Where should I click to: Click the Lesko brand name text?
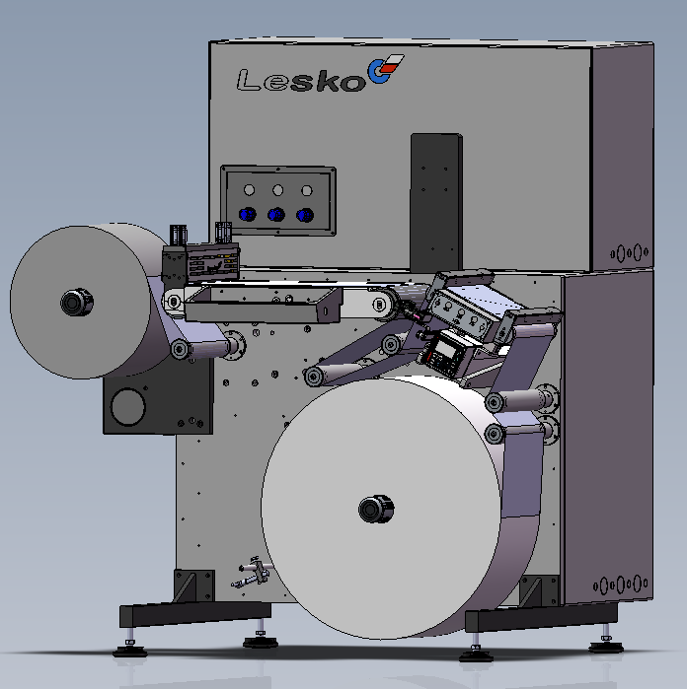(x=301, y=80)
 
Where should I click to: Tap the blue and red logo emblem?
(x=385, y=69)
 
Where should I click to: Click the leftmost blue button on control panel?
(x=248, y=215)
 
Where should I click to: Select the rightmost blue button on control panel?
(x=305, y=215)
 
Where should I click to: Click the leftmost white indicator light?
(x=249, y=190)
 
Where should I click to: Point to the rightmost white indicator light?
(x=307, y=190)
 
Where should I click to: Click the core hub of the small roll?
(x=77, y=302)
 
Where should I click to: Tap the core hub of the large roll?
(x=376, y=509)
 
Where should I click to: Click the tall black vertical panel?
(x=436, y=202)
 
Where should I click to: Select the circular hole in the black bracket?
(x=127, y=407)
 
